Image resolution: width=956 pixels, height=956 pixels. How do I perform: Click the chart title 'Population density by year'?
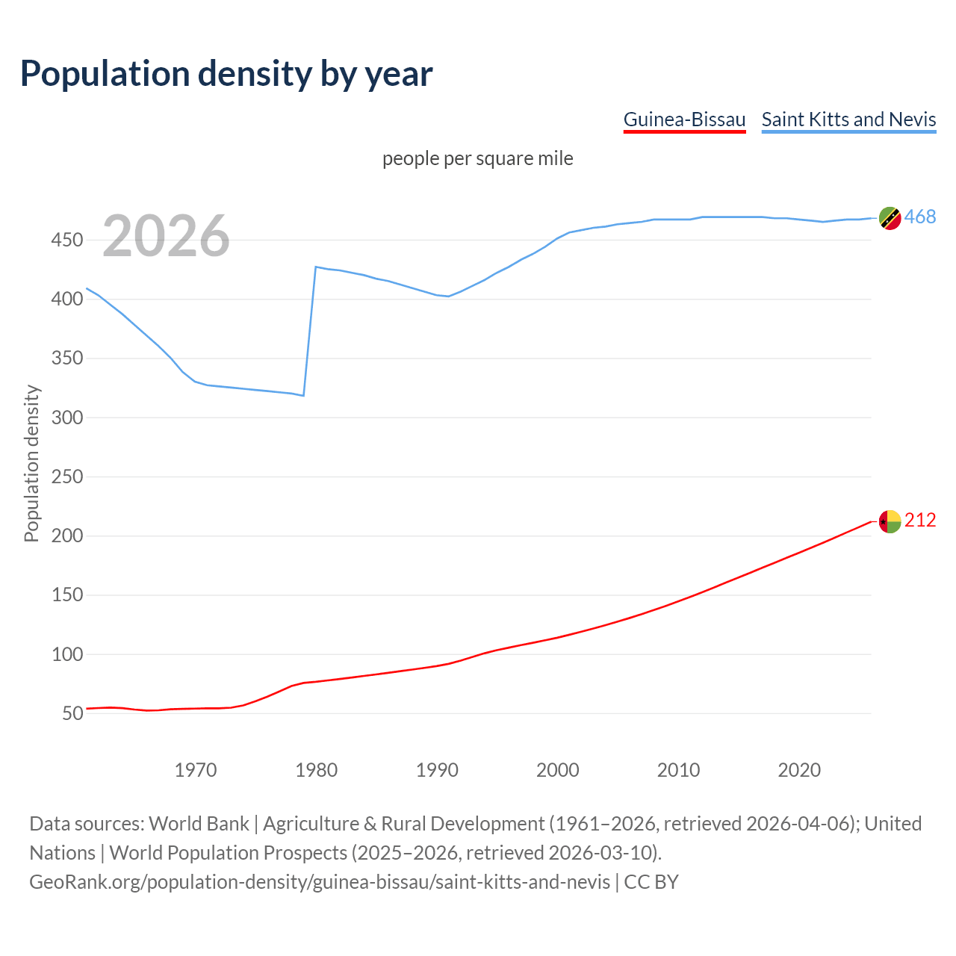click(226, 74)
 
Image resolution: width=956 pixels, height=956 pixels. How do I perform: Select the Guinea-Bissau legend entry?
click(684, 119)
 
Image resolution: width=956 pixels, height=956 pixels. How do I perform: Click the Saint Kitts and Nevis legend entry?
click(848, 119)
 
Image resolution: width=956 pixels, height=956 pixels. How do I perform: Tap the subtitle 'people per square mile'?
click(477, 158)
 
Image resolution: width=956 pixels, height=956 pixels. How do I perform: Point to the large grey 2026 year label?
click(166, 236)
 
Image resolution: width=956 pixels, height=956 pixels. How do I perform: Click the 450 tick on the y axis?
click(66, 240)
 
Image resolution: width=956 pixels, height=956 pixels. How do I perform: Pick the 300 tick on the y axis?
click(66, 418)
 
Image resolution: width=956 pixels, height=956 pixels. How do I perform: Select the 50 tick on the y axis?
click(72, 713)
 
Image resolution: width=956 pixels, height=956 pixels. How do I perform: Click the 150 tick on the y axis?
click(66, 595)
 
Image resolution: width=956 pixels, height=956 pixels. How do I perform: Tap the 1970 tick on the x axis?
click(196, 770)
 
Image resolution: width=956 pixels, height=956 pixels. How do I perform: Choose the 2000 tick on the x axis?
click(558, 770)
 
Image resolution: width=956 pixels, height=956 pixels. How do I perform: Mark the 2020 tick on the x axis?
click(799, 770)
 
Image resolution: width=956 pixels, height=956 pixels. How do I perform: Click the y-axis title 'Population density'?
click(31, 463)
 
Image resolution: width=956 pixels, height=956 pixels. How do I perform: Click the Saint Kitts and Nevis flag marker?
click(890, 218)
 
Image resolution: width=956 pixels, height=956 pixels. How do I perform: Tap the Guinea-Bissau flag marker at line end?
click(890, 521)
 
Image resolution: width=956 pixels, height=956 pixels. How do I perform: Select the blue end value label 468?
click(920, 217)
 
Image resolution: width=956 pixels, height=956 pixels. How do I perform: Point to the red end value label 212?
click(920, 521)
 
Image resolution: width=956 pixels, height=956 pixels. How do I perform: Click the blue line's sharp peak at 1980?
click(316, 267)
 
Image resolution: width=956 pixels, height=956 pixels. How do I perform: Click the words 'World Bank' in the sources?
click(199, 824)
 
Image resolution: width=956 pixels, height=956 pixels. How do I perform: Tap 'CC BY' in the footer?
click(651, 882)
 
